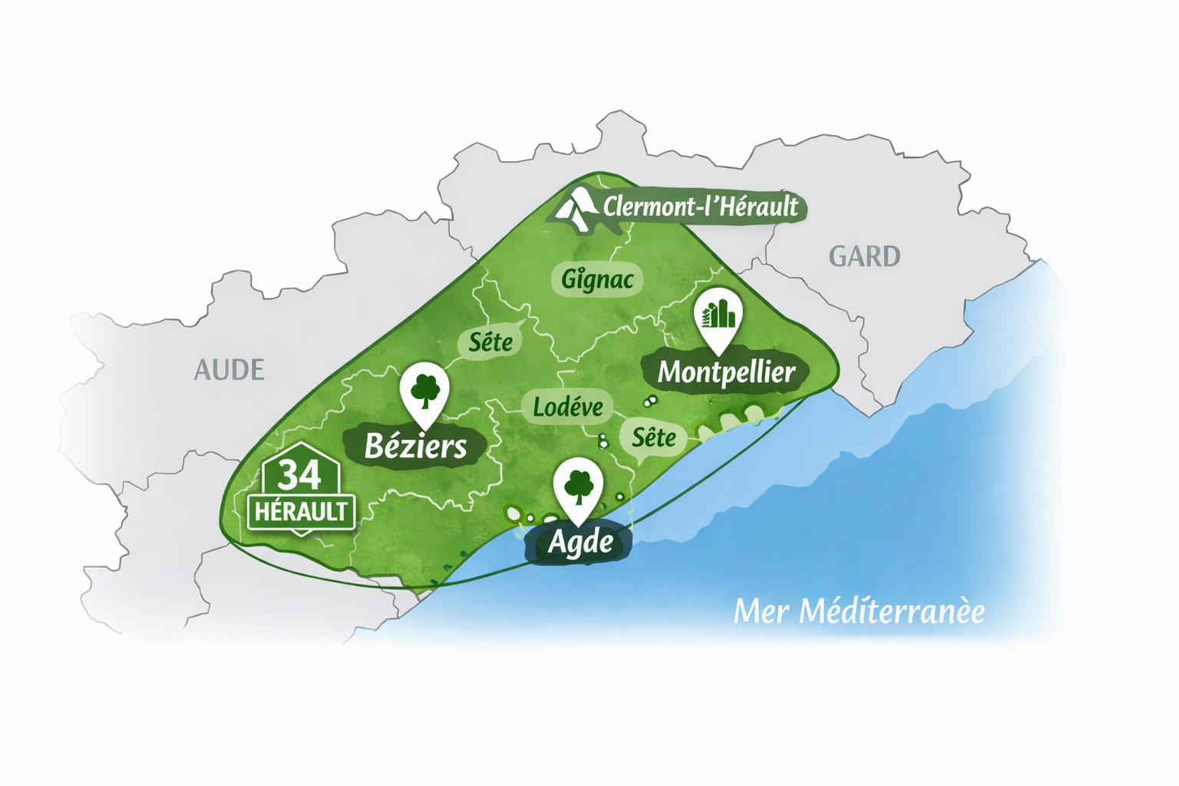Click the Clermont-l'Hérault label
pyautogui.click(x=700, y=206)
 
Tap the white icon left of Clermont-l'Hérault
pyautogui.click(x=576, y=208)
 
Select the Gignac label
pyautogui.click(x=597, y=279)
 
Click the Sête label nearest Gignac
pyautogui.click(x=490, y=342)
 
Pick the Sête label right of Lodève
pyautogui.click(x=654, y=438)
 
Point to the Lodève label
pyautogui.click(x=568, y=407)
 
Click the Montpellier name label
pyautogui.click(x=726, y=372)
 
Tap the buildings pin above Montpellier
pyautogui.click(x=718, y=314)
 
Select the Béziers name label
pyautogui.click(x=415, y=446)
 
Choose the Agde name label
pyautogui.click(x=580, y=542)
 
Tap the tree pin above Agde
pyautogui.click(x=578, y=486)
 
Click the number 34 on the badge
pyautogui.click(x=299, y=475)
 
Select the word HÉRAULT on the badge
pyautogui.click(x=301, y=512)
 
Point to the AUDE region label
pyautogui.click(x=229, y=370)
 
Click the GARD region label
pyautogui.click(x=864, y=256)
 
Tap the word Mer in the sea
pyautogui.click(x=760, y=612)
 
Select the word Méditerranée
pyautogui.click(x=891, y=612)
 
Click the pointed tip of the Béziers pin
pyautogui.click(x=424, y=427)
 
